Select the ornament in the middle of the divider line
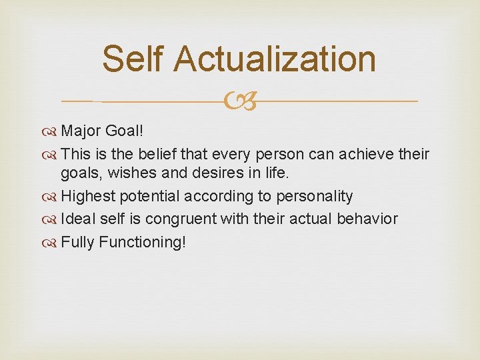pyautogui.click(x=240, y=102)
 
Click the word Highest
pyautogui.click(x=87, y=196)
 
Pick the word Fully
pyautogui.click(x=77, y=241)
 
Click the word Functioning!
pyautogui.click(x=142, y=241)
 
